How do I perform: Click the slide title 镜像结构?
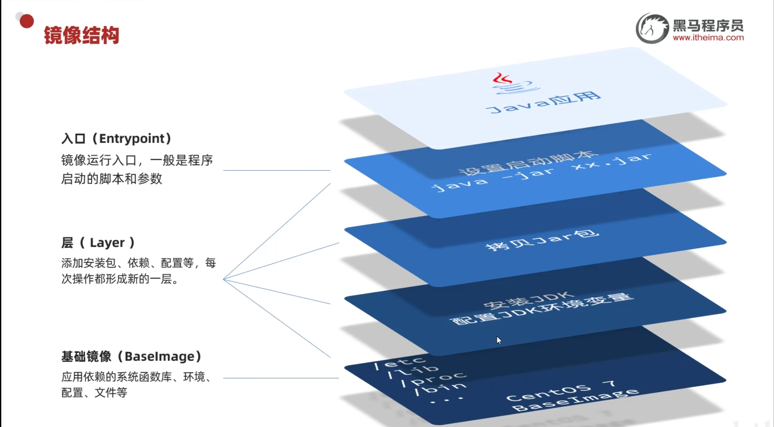(81, 35)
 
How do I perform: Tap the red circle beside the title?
(26, 21)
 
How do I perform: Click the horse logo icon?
(652, 28)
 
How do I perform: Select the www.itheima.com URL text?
(708, 38)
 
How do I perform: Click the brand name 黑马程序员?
(708, 26)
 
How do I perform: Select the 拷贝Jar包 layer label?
(542, 240)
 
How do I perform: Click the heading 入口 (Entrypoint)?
(116, 138)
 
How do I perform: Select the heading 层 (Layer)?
(98, 242)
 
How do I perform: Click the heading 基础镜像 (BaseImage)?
(131, 356)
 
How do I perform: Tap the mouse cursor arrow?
(499, 340)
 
